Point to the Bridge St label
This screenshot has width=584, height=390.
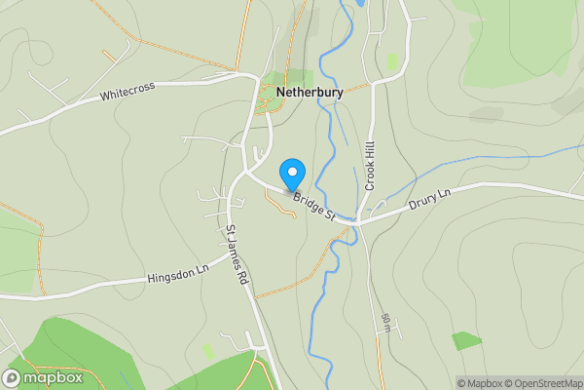(314, 206)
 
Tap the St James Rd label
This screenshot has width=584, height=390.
(237, 254)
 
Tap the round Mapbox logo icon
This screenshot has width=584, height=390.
(13, 377)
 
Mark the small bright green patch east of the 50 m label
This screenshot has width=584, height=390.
(466, 340)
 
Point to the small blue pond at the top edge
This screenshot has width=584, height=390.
(358, 4)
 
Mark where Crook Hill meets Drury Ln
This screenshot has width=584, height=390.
(358, 220)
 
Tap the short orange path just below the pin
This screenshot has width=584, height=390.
(280, 203)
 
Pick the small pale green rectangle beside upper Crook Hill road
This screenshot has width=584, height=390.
(391, 61)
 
